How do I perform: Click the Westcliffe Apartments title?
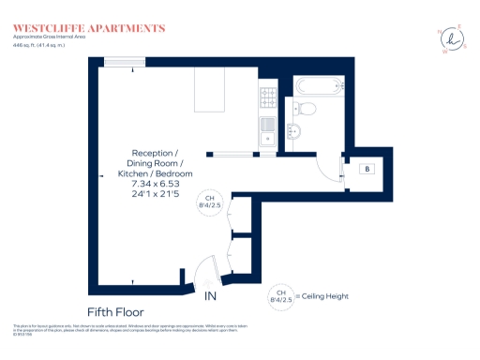coord(89,28)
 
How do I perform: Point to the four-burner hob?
coord(267,96)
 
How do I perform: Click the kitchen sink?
coord(267,125)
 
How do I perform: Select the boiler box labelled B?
coord(367,170)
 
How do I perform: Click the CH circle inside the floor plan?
coord(210,202)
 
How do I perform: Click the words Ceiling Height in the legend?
coord(324,296)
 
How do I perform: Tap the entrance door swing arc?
coord(209,271)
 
